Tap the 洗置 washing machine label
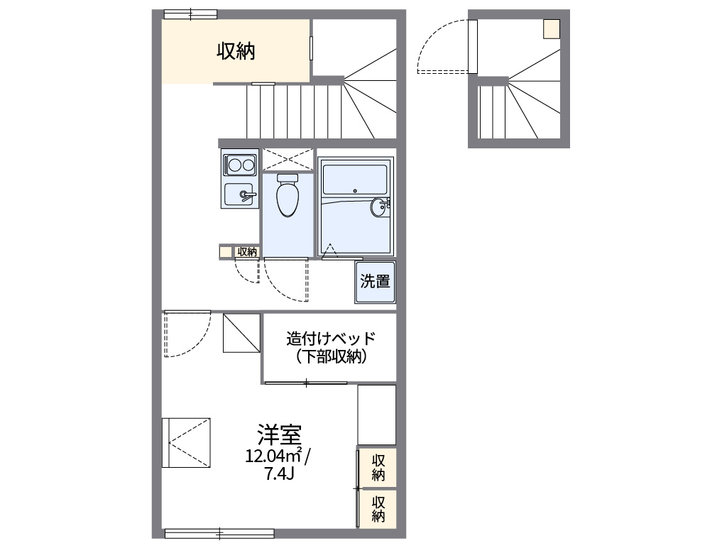coord(375,281)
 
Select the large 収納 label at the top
coord(236,51)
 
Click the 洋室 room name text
coord(279,433)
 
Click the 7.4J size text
coord(279,474)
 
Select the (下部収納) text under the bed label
coord(330,357)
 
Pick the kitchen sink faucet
coord(246,194)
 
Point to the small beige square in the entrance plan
coord(552,28)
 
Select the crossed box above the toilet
coord(288,158)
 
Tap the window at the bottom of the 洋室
coord(219,533)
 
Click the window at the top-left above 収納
coord(190,13)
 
